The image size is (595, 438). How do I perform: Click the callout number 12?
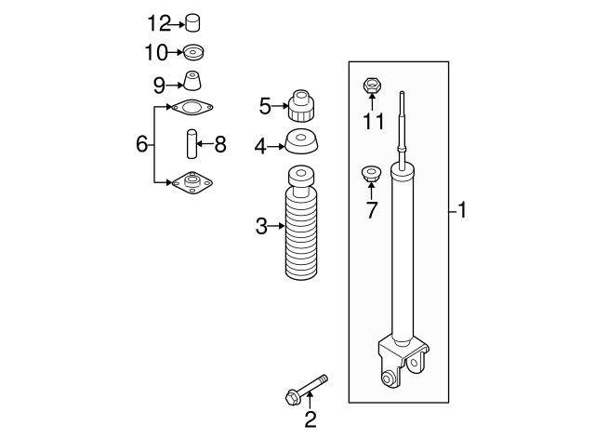coord(159,23)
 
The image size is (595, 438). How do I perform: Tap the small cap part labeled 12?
coord(192,23)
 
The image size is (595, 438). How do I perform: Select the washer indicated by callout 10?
coord(193,52)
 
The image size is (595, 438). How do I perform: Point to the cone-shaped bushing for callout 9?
coord(192,81)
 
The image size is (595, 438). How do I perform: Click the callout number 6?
coord(141,144)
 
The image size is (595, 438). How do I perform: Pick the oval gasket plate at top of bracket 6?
coord(192,108)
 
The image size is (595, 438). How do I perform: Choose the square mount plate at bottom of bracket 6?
coord(192,182)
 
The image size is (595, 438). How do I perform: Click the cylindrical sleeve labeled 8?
coord(192,144)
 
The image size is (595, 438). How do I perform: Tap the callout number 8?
coord(220,144)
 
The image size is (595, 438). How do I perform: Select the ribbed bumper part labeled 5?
coord(301,106)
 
